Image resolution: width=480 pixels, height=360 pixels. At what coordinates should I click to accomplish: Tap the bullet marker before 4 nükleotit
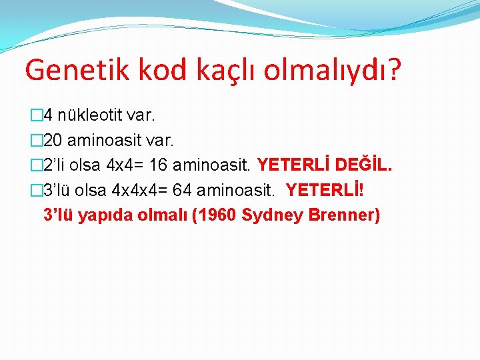click(36, 116)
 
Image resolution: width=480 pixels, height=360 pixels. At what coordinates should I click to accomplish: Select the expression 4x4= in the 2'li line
click(129, 165)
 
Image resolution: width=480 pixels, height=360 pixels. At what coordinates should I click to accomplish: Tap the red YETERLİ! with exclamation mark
click(325, 190)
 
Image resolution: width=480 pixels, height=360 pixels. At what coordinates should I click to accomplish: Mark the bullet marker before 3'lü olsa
click(36, 190)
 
